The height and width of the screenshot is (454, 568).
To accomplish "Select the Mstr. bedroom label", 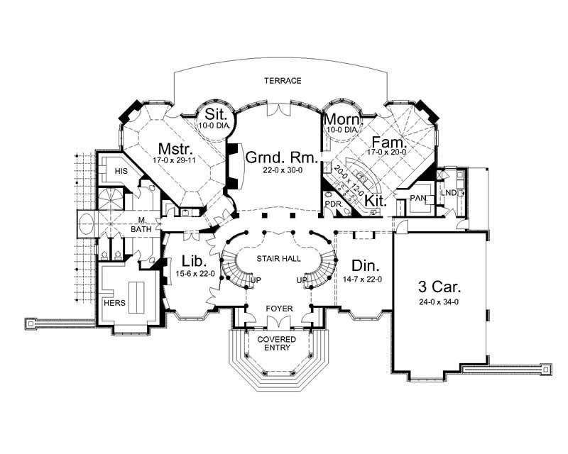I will tap(173, 150).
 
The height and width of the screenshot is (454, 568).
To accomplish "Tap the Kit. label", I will tap(376, 201).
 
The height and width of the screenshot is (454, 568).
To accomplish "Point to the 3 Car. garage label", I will tap(439, 287).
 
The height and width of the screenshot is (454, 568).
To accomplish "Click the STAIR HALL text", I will tap(277, 260).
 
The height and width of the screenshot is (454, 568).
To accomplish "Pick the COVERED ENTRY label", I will tap(277, 344).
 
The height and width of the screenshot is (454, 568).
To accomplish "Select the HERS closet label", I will tap(114, 303).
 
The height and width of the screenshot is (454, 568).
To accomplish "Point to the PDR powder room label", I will tap(334, 204).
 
